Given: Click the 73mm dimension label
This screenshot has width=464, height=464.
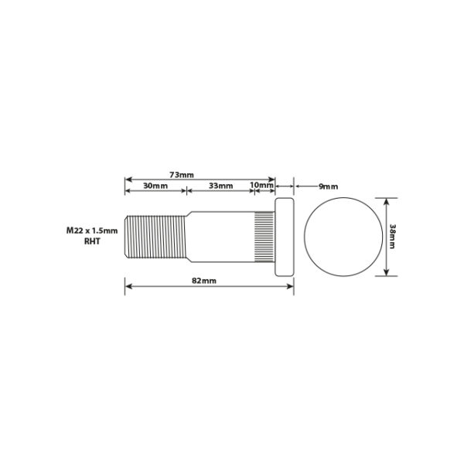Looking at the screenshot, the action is [182, 175].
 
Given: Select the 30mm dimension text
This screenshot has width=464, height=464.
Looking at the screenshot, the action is [155, 186].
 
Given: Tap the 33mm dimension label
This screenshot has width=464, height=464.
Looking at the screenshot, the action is [220, 186].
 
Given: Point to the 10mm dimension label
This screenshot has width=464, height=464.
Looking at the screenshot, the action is [262, 185].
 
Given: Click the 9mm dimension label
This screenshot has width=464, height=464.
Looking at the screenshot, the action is [328, 186].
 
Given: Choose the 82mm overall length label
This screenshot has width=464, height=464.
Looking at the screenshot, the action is [204, 281].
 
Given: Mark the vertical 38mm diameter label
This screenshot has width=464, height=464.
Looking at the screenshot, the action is [392, 237].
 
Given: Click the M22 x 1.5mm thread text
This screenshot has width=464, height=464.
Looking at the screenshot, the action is [92, 230].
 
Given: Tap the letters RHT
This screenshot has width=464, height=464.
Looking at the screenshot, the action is [92, 241].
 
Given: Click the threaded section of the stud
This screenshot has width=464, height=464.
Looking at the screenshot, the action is [155, 237].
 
